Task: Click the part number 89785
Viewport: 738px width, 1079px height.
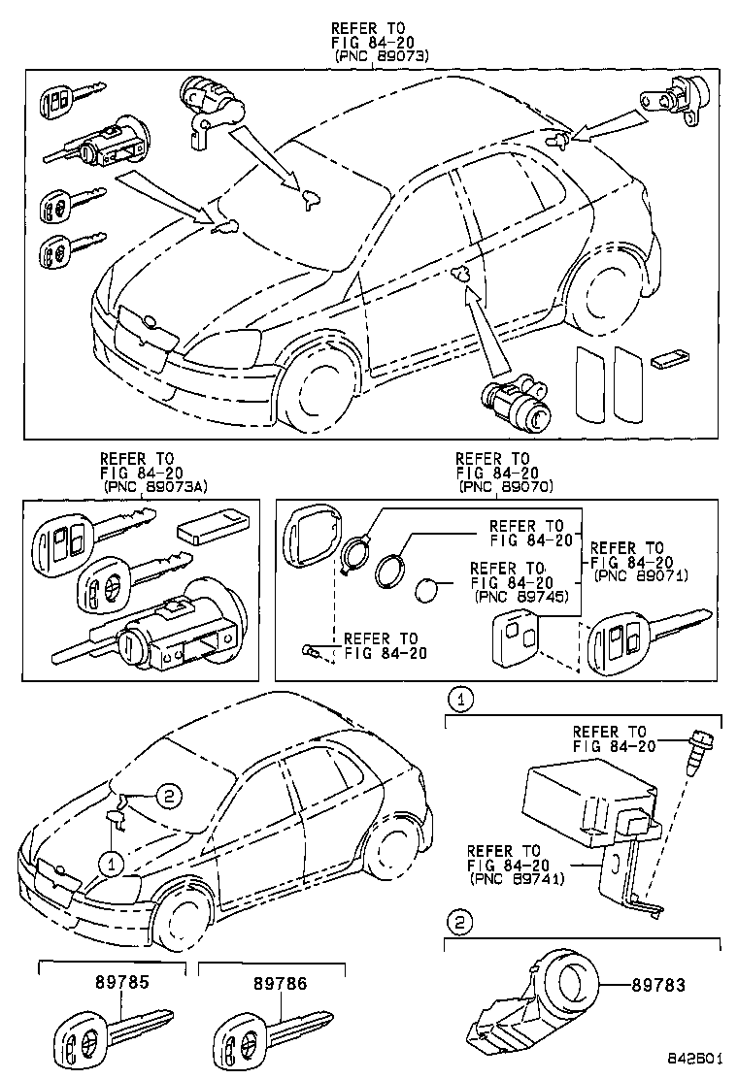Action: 121,983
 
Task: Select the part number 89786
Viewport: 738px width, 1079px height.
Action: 281,983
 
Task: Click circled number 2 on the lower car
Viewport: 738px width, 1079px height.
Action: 167,797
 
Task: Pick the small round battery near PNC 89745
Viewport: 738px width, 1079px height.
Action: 428,591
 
